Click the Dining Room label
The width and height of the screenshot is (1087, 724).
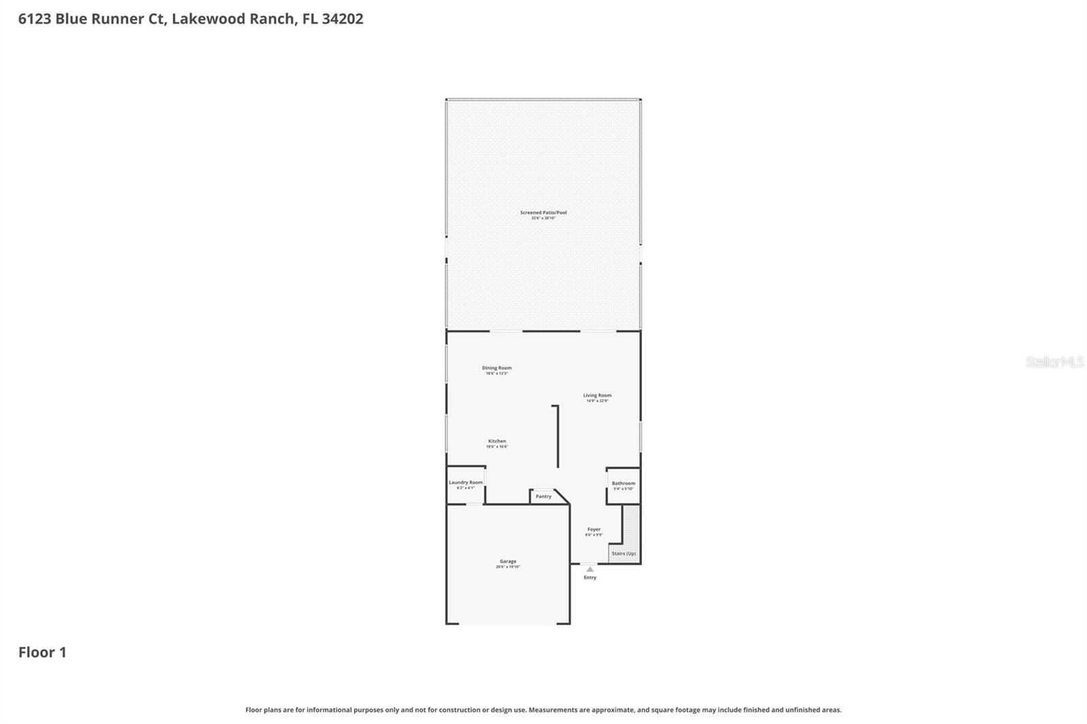coord(497,368)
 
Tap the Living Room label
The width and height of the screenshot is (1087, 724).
coord(597,395)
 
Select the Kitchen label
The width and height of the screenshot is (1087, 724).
coord(497,441)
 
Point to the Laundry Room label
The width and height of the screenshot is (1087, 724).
coord(465,482)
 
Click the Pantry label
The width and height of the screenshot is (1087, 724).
coord(543,496)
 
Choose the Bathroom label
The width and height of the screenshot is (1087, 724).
coord(623,484)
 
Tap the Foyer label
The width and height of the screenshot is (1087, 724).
coord(594,529)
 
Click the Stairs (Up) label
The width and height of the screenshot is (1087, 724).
coord(624,554)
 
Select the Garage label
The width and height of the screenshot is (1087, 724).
coord(507,562)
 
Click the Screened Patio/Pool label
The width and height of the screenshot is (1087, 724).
coord(543,213)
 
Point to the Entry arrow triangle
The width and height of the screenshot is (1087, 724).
coord(590,569)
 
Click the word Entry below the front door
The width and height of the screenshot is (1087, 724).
coord(590,578)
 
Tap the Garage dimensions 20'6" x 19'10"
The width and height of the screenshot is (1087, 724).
coord(507,567)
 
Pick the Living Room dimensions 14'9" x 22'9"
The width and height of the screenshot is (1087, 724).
coord(597,401)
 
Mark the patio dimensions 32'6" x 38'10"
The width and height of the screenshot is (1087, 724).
coord(543,218)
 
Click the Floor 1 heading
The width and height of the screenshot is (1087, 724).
coord(42,653)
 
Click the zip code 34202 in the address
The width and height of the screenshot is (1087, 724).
coord(342,19)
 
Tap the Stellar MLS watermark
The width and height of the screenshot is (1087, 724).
coord(1054,362)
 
